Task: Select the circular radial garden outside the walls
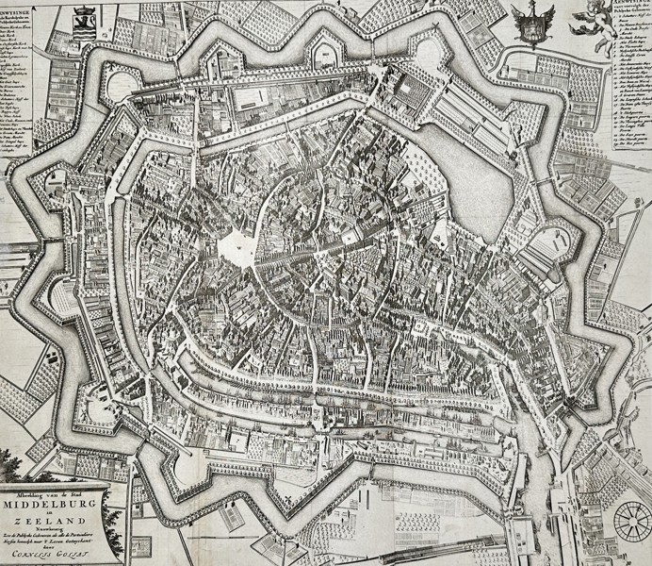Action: click(x=631, y=522)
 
